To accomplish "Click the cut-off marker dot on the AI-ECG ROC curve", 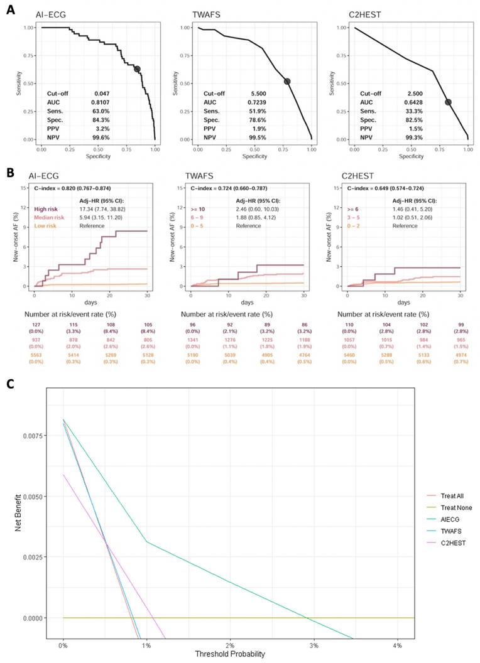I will click(x=137, y=69).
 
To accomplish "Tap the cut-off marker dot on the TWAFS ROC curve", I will click(x=287, y=81).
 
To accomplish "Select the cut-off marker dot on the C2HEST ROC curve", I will click(x=448, y=102).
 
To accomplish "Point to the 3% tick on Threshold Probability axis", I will click(x=314, y=645).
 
